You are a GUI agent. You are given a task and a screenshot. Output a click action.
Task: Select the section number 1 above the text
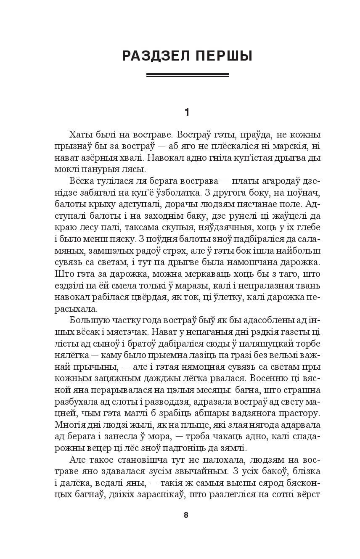pyautogui.click(x=187, y=112)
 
